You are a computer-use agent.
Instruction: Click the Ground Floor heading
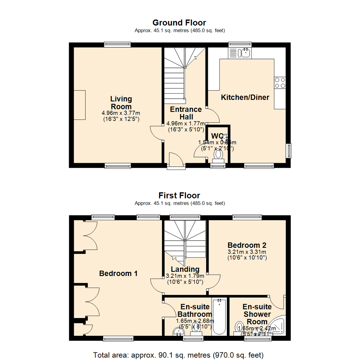click(179, 23)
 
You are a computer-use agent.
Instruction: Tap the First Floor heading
click(179, 195)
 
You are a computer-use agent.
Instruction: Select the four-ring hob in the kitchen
click(279, 82)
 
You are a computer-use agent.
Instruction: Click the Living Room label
click(121, 103)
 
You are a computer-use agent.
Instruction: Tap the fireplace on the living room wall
click(80, 105)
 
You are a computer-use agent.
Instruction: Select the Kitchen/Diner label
click(245, 97)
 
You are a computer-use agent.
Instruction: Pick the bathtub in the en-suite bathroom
click(219, 317)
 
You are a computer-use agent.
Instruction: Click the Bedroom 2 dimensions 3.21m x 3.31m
click(246, 252)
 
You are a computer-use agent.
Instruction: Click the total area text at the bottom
click(179, 354)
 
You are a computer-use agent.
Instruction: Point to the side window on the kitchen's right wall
click(289, 151)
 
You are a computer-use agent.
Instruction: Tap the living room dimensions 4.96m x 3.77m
click(121, 113)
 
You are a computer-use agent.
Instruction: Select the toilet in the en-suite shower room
click(239, 326)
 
